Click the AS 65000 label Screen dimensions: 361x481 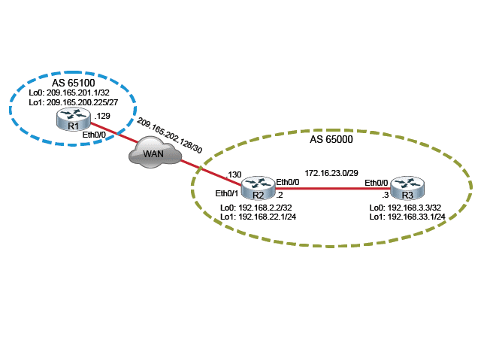point(331,139)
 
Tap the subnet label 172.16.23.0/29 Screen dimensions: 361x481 point(331,171)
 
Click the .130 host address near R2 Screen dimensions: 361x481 point(234,174)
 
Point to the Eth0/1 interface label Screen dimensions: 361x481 point(228,193)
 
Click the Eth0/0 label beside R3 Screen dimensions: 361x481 point(377,182)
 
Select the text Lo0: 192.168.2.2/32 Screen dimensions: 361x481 point(255,207)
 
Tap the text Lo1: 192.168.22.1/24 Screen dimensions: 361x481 point(257,217)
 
